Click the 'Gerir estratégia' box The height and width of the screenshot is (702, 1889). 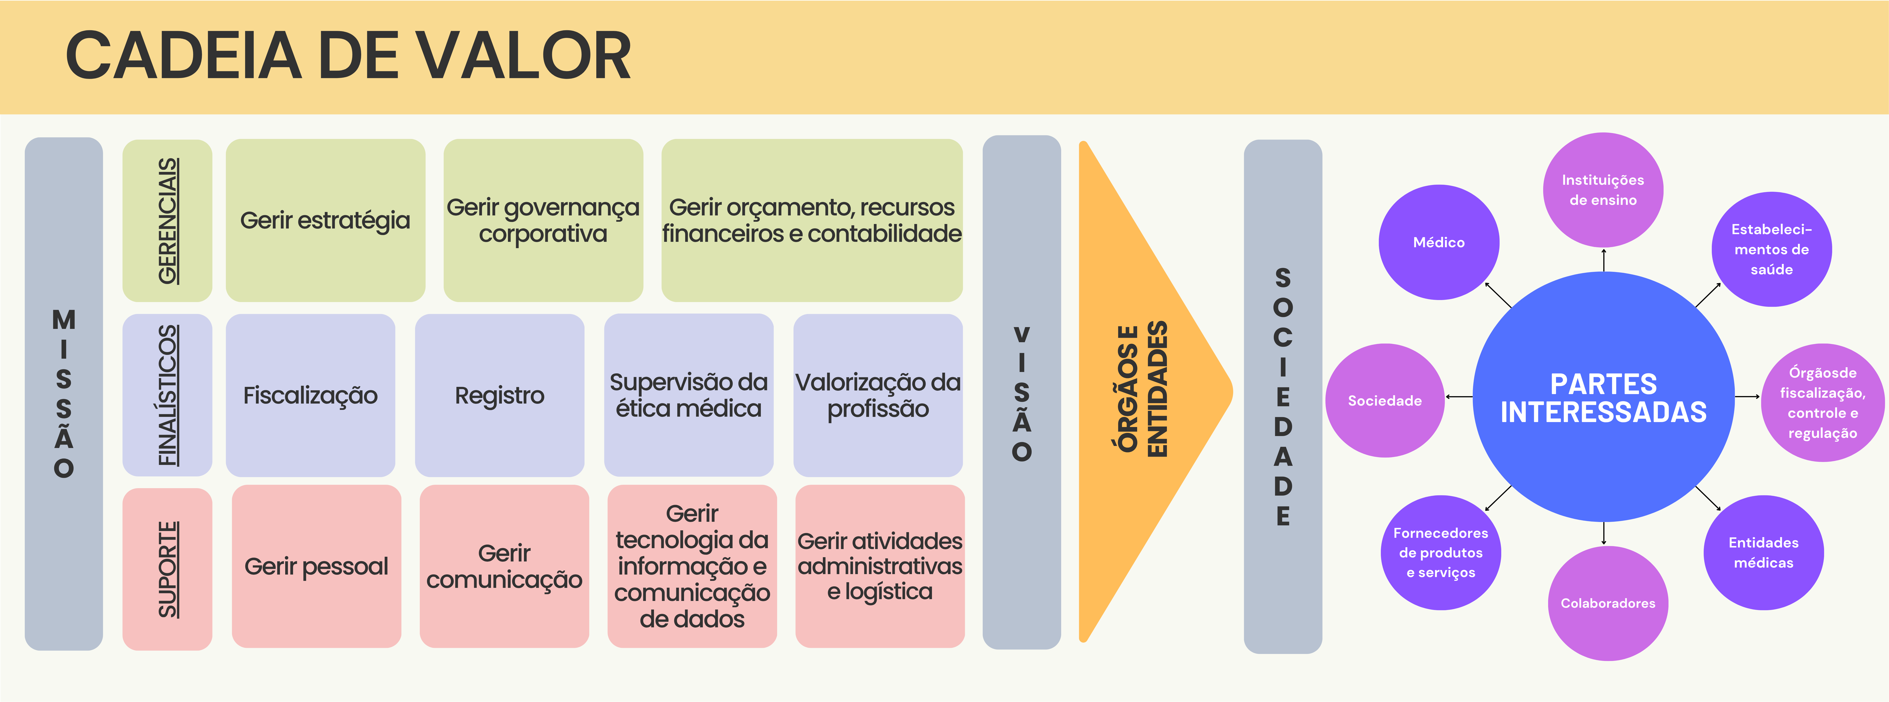click(x=325, y=220)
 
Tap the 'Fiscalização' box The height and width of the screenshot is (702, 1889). click(x=310, y=395)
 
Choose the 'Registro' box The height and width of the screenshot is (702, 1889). click(x=499, y=395)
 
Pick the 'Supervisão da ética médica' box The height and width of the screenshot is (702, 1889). click(x=689, y=395)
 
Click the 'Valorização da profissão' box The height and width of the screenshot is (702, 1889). click(x=878, y=395)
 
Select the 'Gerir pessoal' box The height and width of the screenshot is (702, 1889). click(x=316, y=566)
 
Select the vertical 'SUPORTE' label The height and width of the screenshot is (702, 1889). click(x=168, y=569)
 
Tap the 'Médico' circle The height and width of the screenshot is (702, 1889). click(x=1439, y=242)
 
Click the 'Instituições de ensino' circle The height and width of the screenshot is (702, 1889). click(x=1603, y=190)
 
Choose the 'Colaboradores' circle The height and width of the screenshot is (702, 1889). click(x=1607, y=603)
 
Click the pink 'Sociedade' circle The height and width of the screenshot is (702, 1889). click(x=1384, y=400)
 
